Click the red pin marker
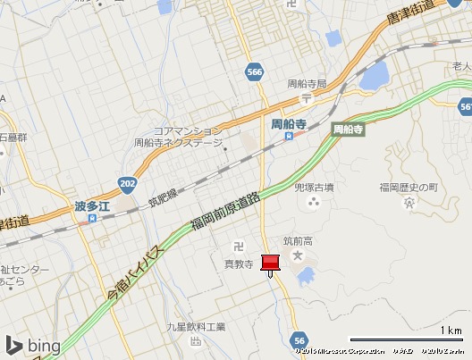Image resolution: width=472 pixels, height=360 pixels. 270,263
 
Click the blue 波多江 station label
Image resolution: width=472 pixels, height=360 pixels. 91,206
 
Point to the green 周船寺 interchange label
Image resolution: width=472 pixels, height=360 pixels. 348,130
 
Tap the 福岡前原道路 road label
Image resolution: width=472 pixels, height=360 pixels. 225,214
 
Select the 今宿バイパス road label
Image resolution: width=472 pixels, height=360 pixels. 132,272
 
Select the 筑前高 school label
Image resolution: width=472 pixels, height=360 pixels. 299,240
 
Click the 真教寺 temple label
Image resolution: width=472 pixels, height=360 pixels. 239,263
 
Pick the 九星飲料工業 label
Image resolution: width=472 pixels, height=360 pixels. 197,327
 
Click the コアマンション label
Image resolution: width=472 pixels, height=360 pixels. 187,130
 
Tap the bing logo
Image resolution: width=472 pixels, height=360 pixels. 32,345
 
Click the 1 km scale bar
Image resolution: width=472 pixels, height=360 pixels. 406,339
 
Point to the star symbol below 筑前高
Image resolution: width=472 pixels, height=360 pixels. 300,257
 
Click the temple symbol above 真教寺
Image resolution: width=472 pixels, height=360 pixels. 239,246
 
